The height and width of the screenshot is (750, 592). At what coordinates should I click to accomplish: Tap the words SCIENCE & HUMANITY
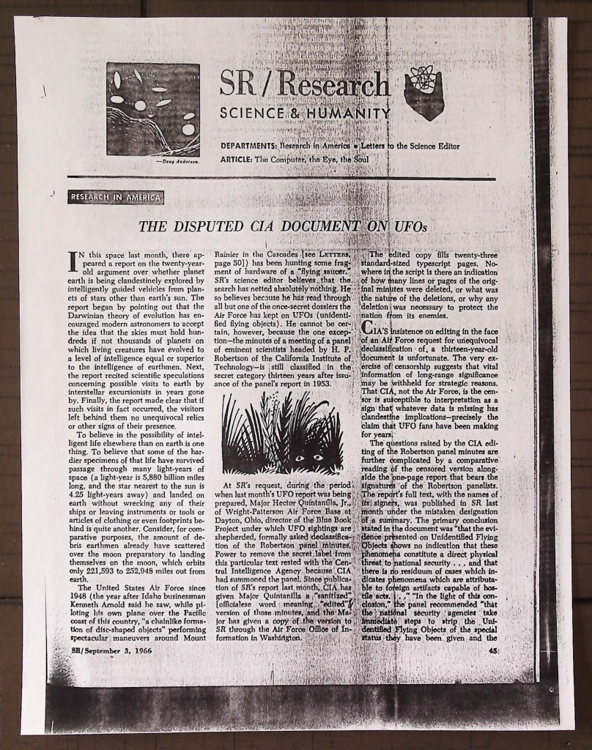click(305, 114)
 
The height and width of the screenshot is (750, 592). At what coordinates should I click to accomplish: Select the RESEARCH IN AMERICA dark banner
click(116, 196)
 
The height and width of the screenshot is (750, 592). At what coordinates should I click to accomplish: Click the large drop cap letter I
click(74, 261)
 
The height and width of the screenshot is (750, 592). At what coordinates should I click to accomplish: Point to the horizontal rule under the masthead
click(281, 178)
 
